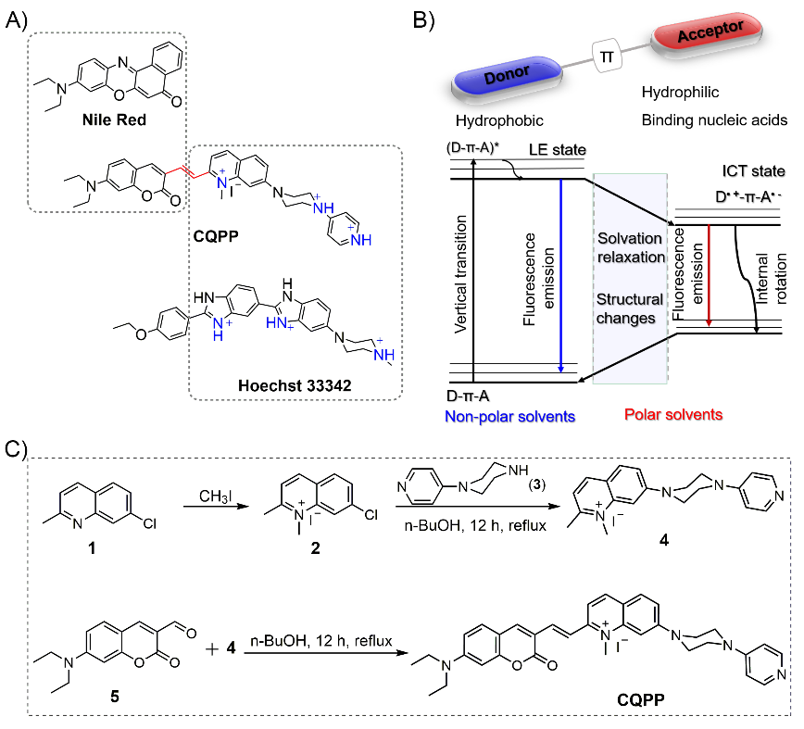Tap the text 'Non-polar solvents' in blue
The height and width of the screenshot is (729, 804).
[510, 417]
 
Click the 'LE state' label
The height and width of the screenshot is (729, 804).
[552, 150]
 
